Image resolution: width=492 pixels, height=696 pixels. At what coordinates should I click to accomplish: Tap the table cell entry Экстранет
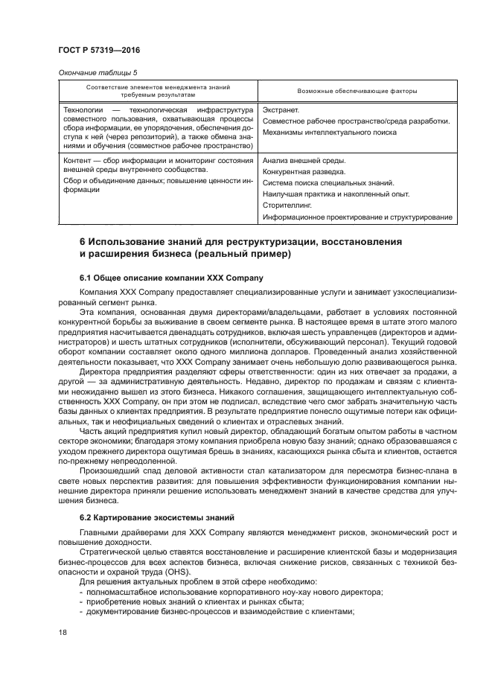click(x=280, y=110)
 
